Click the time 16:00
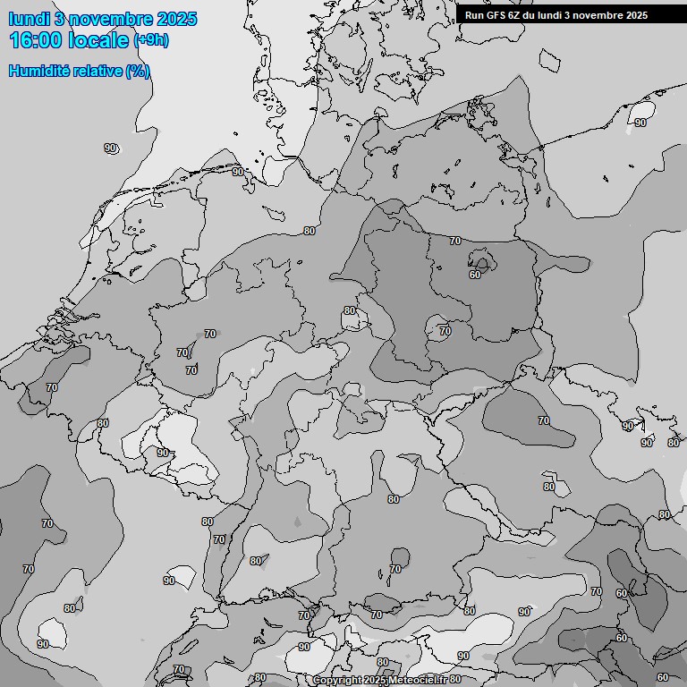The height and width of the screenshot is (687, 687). coord(37,40)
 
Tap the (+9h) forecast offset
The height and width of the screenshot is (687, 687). coord(150,40)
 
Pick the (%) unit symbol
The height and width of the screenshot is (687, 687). coord(138,71)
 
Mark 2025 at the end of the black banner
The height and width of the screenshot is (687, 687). coord(636,15)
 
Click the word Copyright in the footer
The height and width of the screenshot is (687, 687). coord(337,681)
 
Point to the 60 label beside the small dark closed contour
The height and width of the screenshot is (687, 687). coord(474,275)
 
